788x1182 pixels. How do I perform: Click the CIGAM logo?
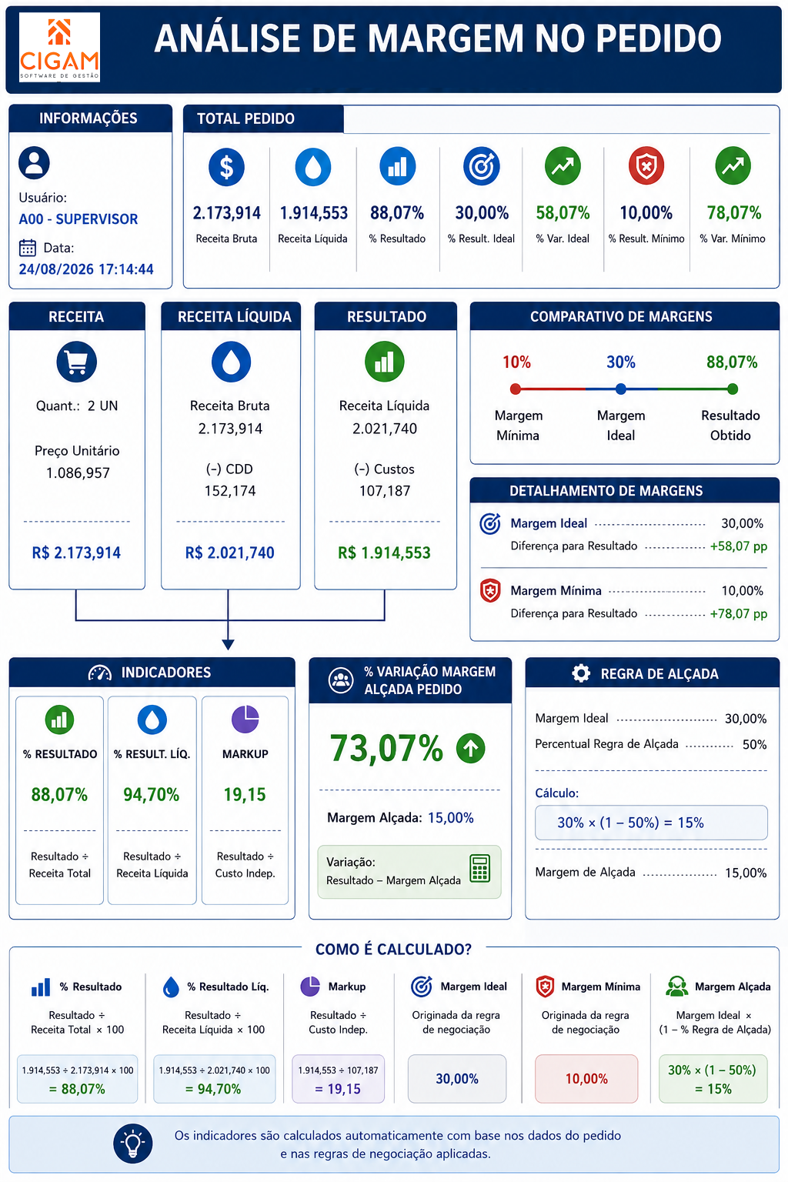(59, 48)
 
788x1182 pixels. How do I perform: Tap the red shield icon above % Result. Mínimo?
(646, 166)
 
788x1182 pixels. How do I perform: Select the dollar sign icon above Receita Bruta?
(226, 167)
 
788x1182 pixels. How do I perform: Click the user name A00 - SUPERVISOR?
(78, 219)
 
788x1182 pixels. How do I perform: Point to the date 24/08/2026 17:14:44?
(86, 269)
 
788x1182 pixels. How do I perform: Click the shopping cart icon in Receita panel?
(76, 362)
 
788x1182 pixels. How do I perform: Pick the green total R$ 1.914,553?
(384, 553)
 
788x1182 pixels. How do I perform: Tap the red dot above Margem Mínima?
(516, 389)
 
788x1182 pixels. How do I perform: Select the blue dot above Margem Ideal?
(621, 389)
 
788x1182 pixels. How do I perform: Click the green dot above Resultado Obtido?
(732, 389)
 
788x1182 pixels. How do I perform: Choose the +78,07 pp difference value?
(739, 613)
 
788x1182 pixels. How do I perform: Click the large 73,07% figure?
(386, 748)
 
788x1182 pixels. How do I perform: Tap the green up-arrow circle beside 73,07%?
(471, 748)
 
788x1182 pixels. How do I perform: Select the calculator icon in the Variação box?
(479, 869)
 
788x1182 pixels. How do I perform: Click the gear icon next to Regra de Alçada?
(581, 673)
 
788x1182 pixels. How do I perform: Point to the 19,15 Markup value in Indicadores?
(245, 795)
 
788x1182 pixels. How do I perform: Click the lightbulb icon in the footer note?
(133, 1144)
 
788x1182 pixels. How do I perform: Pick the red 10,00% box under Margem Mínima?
(586, 1079)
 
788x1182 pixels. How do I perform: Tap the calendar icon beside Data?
(28, 248)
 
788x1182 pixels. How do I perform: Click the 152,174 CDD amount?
(230, 491)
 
